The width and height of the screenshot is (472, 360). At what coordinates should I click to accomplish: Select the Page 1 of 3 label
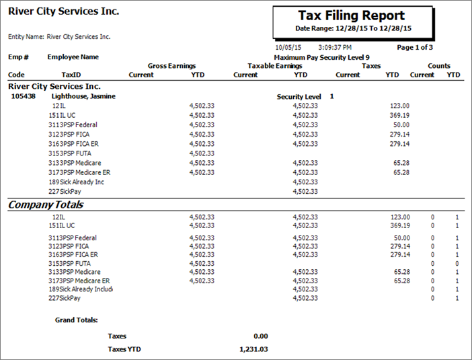click(x=414, y=48)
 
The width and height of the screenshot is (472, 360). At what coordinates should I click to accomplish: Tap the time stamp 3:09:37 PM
click(x=334, y=48)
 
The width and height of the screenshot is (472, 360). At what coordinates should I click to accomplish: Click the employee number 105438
click(x=24, y=96)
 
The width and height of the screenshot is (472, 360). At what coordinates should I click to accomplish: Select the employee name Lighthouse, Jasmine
click(x=83, y=96)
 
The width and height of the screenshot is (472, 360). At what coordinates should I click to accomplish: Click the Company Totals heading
click(x=45, y=205)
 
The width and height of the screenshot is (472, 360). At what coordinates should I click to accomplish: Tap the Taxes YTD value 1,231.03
click(x=253, y=349)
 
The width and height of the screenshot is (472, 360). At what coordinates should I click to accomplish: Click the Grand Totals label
click(x=76, y=320)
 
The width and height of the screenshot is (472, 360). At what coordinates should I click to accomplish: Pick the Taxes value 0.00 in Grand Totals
click(x=261, y=336)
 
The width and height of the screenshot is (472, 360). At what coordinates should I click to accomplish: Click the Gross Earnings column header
click(x=171, y=66)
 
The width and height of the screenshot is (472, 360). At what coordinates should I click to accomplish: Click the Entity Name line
click(x=59, y=37)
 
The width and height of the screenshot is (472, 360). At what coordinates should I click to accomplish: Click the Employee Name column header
click(x=73, y=57)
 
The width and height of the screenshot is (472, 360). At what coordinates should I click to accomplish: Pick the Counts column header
click(x=438, y=66)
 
